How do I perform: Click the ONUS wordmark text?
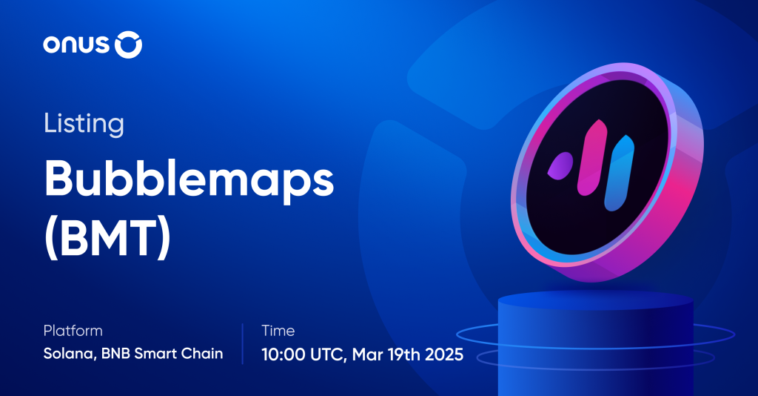[x=76, y=46]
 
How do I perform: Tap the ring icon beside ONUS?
[x=128, y=45]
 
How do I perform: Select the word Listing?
[x=84, y=123]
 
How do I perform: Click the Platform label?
[x=73, y=331]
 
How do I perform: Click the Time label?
[x=278, y=331]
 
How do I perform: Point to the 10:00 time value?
[x=284, y=354]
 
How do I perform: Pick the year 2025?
[x=444, y=354]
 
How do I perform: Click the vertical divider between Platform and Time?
[x=243, y=343]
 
